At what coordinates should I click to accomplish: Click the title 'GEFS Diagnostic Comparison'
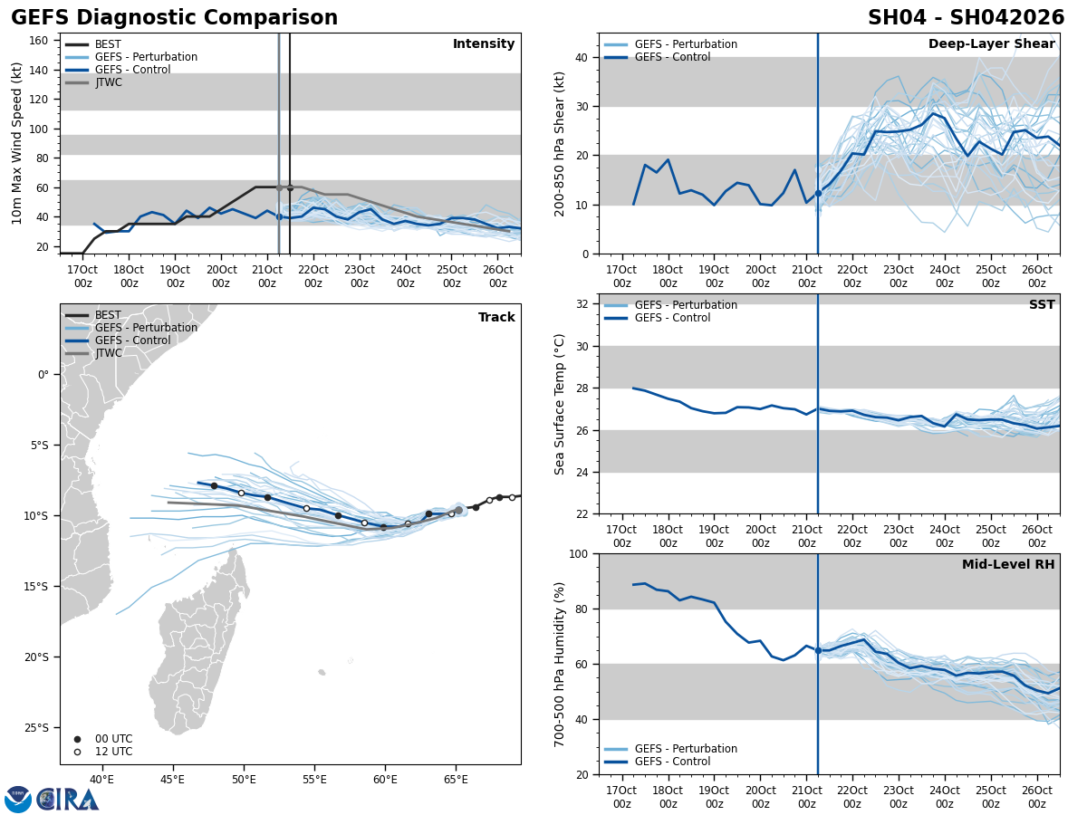[x=174, y=18]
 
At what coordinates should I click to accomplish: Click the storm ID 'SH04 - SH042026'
[x=966, y=18]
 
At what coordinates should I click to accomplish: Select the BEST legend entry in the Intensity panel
[x=108, y=44]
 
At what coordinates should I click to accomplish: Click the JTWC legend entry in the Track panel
[x=108, y=354]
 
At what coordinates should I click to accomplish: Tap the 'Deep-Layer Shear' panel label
[x=991, y=44]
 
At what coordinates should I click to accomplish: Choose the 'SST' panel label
[x=1041, y=305]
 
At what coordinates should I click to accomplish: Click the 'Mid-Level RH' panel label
[x=1007, y=565]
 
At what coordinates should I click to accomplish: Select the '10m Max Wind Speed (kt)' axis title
[x=17, y=143]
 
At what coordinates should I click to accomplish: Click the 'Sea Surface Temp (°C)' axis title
[x=560, y=404]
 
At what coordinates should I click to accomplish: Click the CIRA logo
[x=68, y=799]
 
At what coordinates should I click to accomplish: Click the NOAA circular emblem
[x=18, y=799]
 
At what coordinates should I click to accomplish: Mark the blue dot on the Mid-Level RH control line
[x=818, y=650]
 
